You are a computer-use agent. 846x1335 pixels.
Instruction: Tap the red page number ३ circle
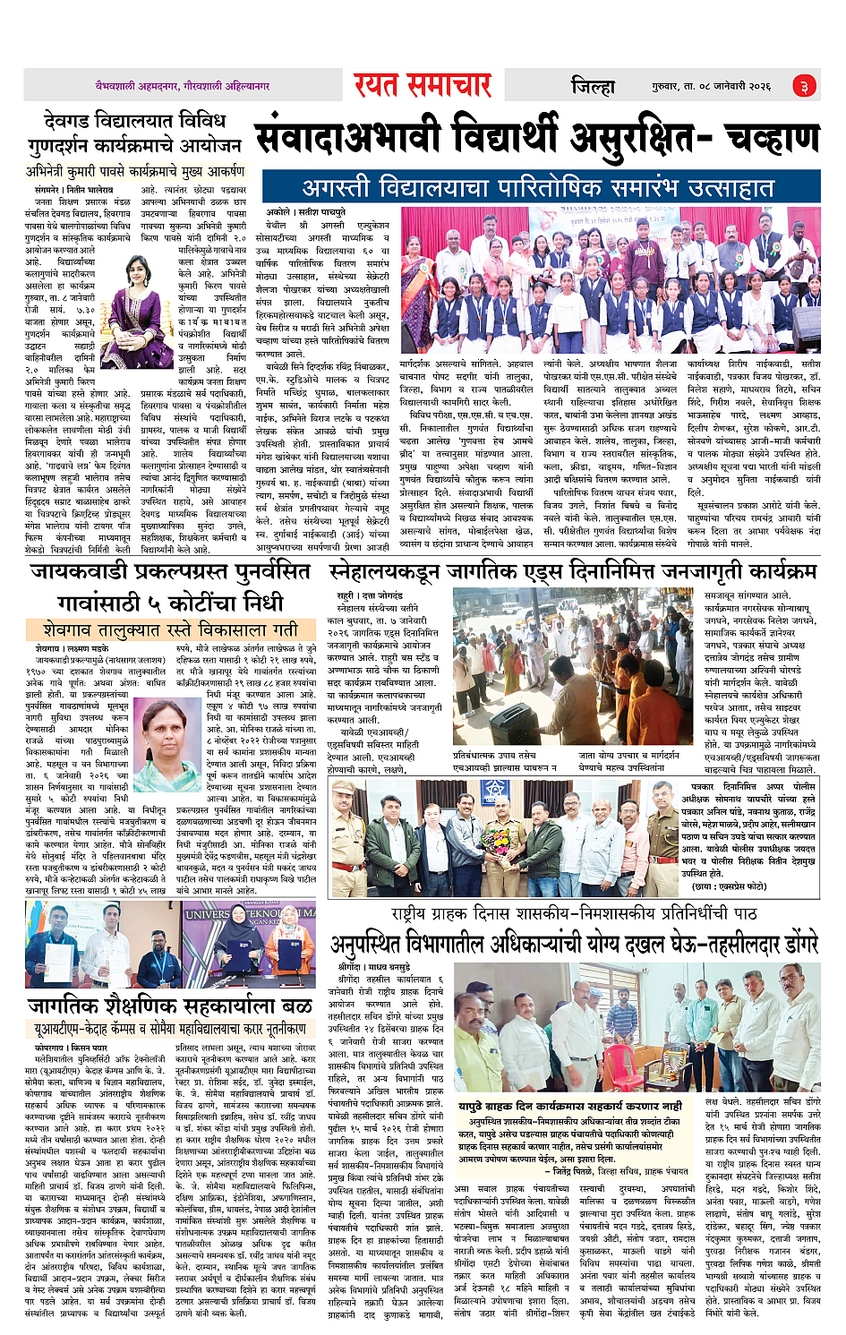coord(803,86)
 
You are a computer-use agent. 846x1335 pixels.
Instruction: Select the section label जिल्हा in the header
coord(593,86)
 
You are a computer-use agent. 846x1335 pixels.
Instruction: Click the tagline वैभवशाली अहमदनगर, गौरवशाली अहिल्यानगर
coord(183,86)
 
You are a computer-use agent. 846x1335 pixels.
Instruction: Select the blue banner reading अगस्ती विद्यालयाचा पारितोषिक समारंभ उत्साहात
coord(537,188)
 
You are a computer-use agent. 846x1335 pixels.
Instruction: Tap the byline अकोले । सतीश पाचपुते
coord(304,212)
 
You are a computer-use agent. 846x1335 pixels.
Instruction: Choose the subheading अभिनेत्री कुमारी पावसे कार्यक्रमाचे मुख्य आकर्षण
coord(135,171)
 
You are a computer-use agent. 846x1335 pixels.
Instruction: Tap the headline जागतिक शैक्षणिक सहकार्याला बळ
coord(170,1005)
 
